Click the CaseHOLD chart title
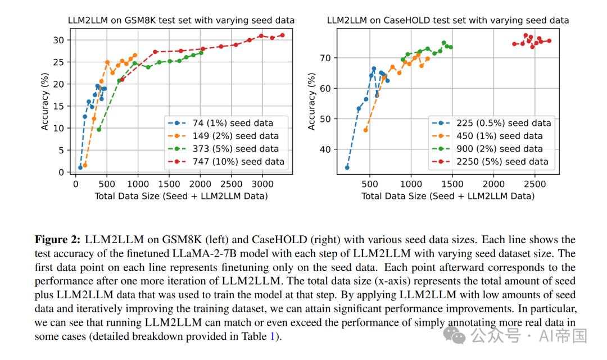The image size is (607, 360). (x=448, y=20)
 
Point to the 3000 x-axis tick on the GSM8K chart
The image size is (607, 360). (x=262, y=184)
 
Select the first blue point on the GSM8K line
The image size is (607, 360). (x=80, y=167)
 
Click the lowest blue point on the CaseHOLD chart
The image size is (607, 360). (x=347, y=167)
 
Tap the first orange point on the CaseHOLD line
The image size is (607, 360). (x=366, y=130)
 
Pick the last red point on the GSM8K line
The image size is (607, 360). (x=282, y=35)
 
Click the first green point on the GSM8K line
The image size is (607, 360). (x=99, y=129)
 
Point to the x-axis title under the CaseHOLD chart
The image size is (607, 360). (x=447, y=196)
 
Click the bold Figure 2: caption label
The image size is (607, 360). (x=58, y=240)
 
